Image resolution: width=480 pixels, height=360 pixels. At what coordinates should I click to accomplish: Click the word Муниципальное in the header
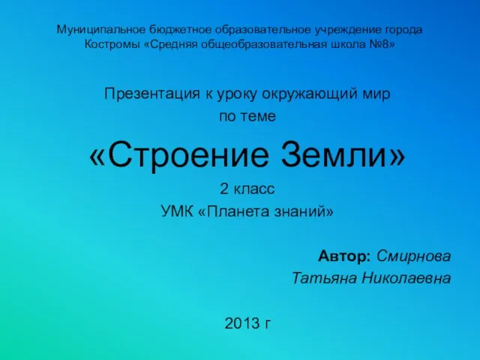pos(101,30)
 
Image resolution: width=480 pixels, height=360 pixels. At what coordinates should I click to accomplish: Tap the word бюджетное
pos(180,30)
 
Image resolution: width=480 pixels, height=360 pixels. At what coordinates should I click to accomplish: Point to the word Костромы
pos(112,45)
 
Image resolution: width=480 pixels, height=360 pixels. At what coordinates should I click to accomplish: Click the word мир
pos(376,94)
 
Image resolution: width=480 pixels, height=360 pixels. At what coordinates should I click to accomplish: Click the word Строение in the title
pos(188,155)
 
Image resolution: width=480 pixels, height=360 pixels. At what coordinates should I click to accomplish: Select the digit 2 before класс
pos(224,188)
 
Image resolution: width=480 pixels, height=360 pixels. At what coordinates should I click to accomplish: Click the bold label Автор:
pos(344,256)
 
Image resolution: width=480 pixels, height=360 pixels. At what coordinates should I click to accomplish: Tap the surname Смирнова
pos(413,256)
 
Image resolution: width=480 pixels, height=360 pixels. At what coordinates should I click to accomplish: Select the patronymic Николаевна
pos(406,278)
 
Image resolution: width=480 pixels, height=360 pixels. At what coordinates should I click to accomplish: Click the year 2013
pos(242,323)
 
